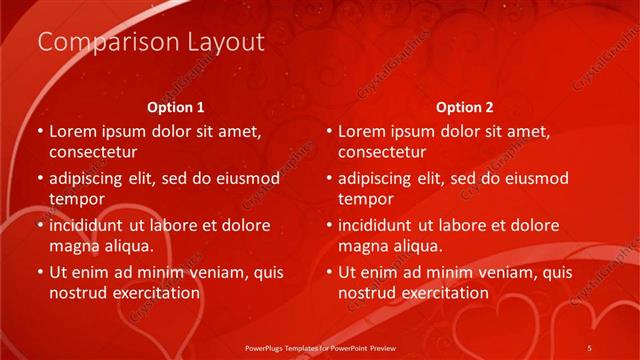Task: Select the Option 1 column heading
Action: coord(176,106)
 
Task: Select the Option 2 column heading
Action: coord(465,106)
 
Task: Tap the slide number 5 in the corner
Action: coord(590,346)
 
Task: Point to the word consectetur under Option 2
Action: coord(381,152)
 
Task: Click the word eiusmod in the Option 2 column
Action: coord(534,179)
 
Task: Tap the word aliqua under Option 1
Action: coord(127,245)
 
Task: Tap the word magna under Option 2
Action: coord(362,245)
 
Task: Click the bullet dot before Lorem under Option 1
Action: coord(39,131)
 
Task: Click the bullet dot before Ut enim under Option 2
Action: coord(328,272)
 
